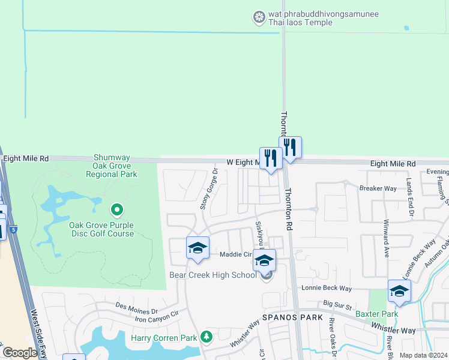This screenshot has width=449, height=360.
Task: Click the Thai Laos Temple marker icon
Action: click(x=259, y=17)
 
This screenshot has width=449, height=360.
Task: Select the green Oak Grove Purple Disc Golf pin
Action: click(x=117, y=210)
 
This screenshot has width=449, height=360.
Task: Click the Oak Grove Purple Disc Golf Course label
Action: click(x=101, y=229)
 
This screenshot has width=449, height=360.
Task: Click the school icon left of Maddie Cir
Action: click(x=197, y=248)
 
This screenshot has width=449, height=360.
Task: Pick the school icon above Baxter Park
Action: click(x=399, y=291)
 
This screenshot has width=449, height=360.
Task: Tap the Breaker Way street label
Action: click(x=378, y=188)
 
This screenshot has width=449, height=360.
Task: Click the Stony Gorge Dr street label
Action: click(x=208, y=188)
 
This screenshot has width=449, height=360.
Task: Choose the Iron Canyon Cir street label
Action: click(x=157, y=316)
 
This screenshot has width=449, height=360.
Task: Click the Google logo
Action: click(x=20, y=353)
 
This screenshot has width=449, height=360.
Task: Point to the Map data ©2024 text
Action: click(x=423, y=355)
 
